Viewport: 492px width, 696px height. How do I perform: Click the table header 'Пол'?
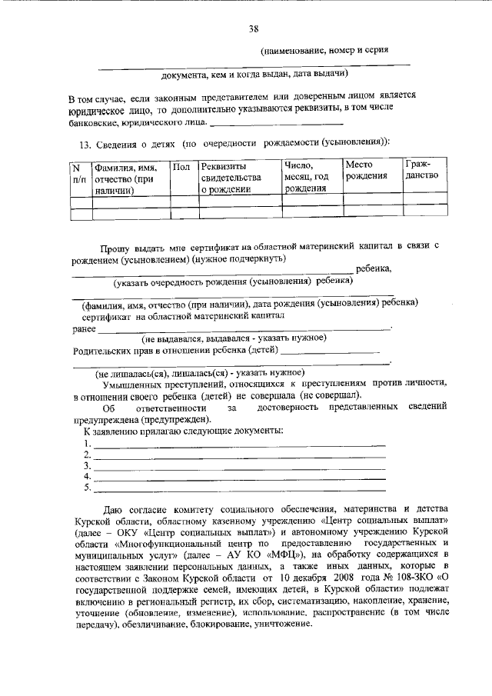[181, 167]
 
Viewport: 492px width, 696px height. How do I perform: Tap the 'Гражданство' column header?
[421, 170]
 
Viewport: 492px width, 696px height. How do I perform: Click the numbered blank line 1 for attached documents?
[239, 445]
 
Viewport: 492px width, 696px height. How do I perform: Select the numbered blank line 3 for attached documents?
[239, 467]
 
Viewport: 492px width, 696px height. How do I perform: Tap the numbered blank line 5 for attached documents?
[239, 488]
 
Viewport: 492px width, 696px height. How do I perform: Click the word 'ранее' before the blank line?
[83, 328]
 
